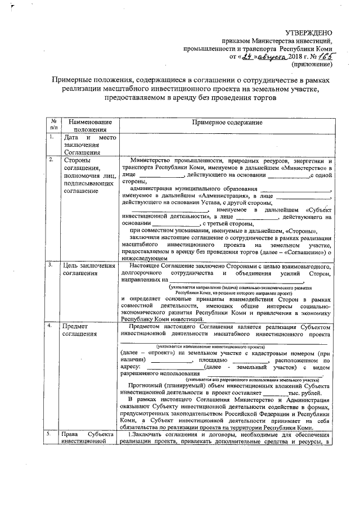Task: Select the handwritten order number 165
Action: pos(325,56)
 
